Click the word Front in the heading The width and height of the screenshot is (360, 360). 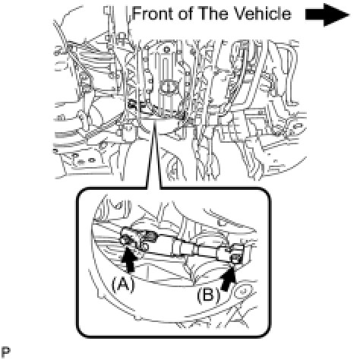click(153, 14)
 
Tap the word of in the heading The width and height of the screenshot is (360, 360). click(187, 14)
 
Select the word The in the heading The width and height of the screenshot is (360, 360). click(213, 14)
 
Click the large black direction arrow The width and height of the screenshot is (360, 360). click(327, 14)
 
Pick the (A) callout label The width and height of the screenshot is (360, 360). click(122, 284)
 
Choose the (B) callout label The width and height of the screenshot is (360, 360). click(209, 295)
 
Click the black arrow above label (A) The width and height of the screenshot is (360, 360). click(129, 260)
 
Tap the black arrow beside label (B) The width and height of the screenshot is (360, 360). click(229, 280)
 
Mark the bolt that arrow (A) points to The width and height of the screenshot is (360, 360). click(126, 239)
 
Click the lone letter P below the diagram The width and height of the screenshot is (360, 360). click(5, 352)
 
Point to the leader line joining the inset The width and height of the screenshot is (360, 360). click(153, 155)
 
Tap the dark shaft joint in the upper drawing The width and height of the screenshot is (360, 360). click(134, 104)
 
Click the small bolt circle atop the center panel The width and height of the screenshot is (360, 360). click(166, 49)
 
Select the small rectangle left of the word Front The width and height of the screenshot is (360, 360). click(107, 10)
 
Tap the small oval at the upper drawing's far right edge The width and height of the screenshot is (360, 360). click(298, 125)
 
